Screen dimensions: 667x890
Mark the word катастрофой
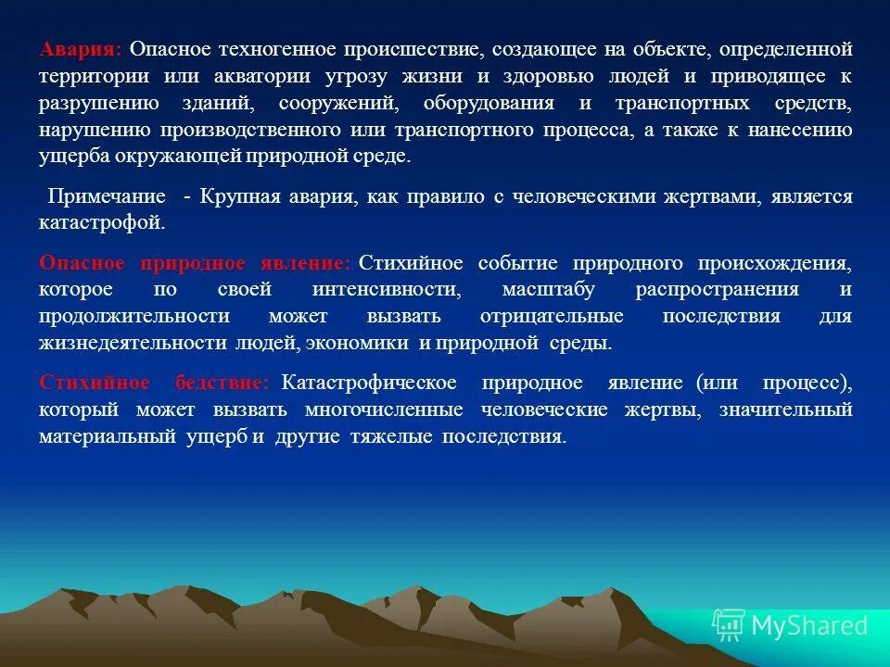pyautogui.click(x=102, y=223)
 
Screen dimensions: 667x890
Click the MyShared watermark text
pyautogui.click(x=809, y=625)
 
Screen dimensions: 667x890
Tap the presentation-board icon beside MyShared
pyautogui.click(x=729, y=625)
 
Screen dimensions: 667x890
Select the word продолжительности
pyautogui.click(x=134, y=317)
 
